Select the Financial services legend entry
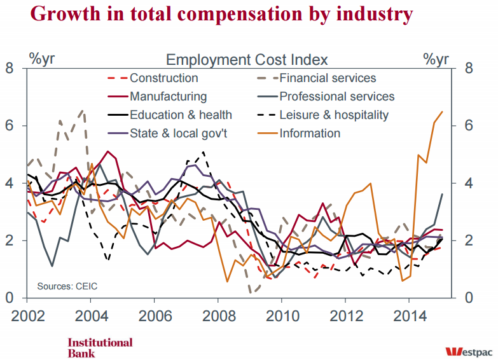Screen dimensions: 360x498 pyautogui.click(x=328, y=78)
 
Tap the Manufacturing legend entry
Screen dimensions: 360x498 pyautogui.click(x=168, y=97)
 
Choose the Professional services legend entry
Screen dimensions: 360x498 pyautogui.click(x=336, y=97)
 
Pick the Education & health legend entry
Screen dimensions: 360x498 pyautogui.click(x=181, y=115)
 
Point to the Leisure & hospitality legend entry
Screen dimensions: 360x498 pyautogui.click(x=334, y=115)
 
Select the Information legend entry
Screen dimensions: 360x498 pyautogui.click(x=310, y=134)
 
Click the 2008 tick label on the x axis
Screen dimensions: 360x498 pyautogui.click(x=218, y=316)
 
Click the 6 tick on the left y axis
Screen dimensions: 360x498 pyautogui.click(x=10, y=125)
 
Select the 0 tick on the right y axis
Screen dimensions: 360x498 pyautogui.click(x=467, y=298)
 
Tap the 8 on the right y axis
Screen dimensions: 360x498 pyautogui.click(x=467, y=68)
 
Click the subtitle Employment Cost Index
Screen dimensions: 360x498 pyautogui.click(x=247, y=60)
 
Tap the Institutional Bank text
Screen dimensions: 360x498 pyautogui.click(x=100, y=347)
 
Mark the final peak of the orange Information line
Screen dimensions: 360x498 pyautogui.click(x=442, y=111)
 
